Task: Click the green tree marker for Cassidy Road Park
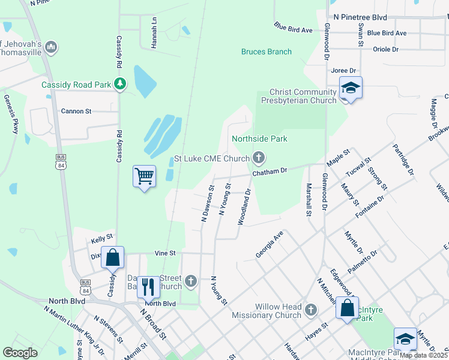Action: pos(121,85)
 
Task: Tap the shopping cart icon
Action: pos(144,176)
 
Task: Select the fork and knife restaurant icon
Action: pos(148,287)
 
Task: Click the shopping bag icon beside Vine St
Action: pos(112,257)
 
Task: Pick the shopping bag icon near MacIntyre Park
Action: pos(347,308)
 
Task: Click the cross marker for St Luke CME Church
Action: pos(259,158)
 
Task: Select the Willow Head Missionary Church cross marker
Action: pos(310,310)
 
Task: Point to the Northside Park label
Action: pos(259,139)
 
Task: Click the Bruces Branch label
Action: pos(267,52)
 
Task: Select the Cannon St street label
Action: pos(76,111)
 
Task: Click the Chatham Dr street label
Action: pos(270,171)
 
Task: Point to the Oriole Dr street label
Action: pos(385,49)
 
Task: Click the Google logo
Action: pos(20,353)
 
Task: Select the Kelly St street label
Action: pos(101,238)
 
